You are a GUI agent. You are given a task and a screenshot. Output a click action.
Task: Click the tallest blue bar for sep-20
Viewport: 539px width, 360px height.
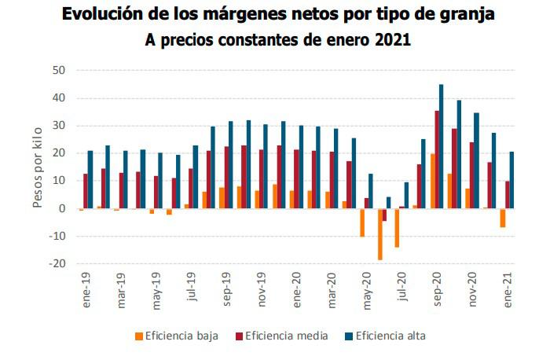point(442,146)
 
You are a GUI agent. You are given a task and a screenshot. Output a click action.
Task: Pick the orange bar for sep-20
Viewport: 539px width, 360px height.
point(431,181)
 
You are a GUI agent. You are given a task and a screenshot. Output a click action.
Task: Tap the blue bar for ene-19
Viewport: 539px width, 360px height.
point(90,179)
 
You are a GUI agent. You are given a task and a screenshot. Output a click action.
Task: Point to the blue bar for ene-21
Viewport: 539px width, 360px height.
point(512,180)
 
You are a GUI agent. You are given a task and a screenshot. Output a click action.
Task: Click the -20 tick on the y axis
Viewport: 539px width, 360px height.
point(57,264)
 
